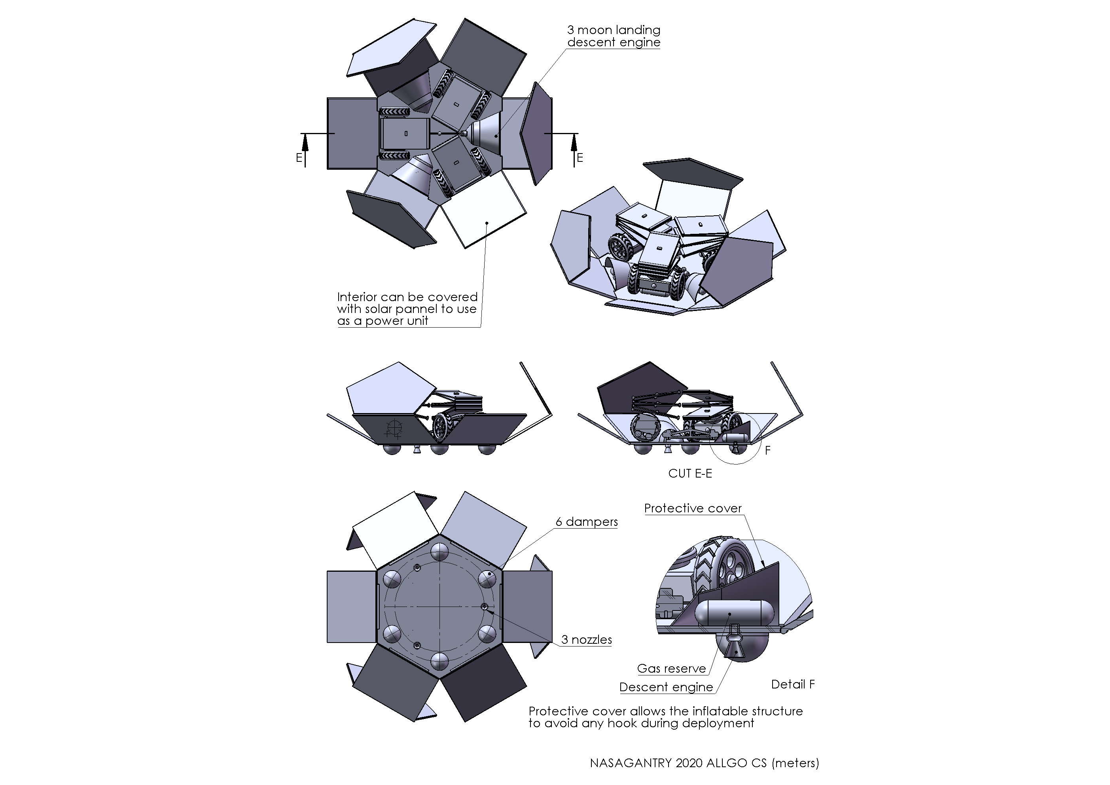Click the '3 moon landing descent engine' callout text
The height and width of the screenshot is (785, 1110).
tap(614, 36)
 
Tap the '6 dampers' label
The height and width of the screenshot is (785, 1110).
tap(586, 522)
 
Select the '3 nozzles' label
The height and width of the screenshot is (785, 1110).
tap(586, 639)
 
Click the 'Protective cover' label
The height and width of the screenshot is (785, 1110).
tap(693, 508)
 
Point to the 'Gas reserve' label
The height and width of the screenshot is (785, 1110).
tap(672, 668)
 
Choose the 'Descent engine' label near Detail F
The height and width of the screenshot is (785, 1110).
tap(666, 687)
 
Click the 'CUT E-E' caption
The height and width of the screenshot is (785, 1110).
tap(690, 474)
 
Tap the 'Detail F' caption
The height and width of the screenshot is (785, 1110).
tap(793, 684)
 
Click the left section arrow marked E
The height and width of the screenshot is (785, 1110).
tap(305, 150)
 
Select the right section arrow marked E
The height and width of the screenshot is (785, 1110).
tap(574, 150)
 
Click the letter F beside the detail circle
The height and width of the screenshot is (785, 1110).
tap(767, 450)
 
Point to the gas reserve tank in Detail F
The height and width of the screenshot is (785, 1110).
tap(729, 613)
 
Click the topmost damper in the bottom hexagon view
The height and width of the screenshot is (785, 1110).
tap(439, 552)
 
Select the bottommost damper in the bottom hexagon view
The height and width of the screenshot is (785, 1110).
tap(439, 661)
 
